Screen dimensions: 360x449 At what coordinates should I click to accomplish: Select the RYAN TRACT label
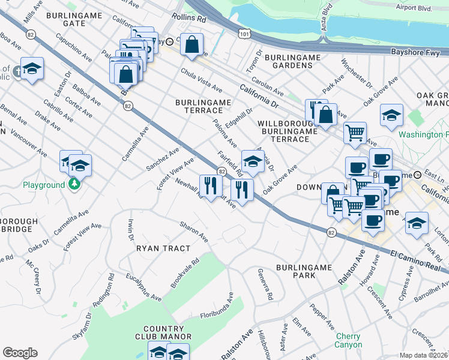[163, 248]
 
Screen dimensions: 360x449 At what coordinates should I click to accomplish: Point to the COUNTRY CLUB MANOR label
[163, 332]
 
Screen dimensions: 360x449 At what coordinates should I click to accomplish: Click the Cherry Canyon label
[349, 340]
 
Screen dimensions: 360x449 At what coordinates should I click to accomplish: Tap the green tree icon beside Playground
[74, 185]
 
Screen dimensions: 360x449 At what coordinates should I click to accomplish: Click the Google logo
[20, 353]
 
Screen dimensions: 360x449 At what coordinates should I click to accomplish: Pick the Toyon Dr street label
[251, 59]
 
